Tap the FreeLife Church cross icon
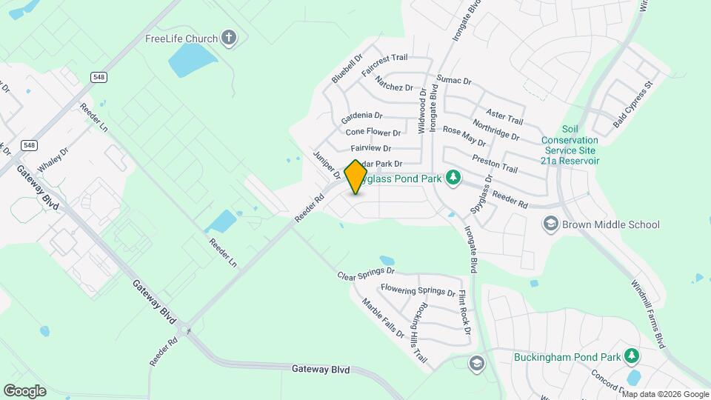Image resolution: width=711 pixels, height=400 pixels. click(x=230, y=39)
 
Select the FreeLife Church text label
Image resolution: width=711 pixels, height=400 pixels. click(x=181, y=39)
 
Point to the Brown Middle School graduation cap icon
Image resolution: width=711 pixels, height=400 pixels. click(x=550, y=224)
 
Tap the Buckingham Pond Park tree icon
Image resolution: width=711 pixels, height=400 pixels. click(x=631, y=357)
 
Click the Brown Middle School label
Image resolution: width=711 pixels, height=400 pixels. click(x=610, y=224)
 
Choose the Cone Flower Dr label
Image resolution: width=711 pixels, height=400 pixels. click(x=373, y=133)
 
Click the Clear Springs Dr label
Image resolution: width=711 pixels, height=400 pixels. click(x=366, y=276)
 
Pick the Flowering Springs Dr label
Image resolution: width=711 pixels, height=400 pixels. click(x=418, y=290)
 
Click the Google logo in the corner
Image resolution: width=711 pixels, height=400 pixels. click(x=24, y=390)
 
